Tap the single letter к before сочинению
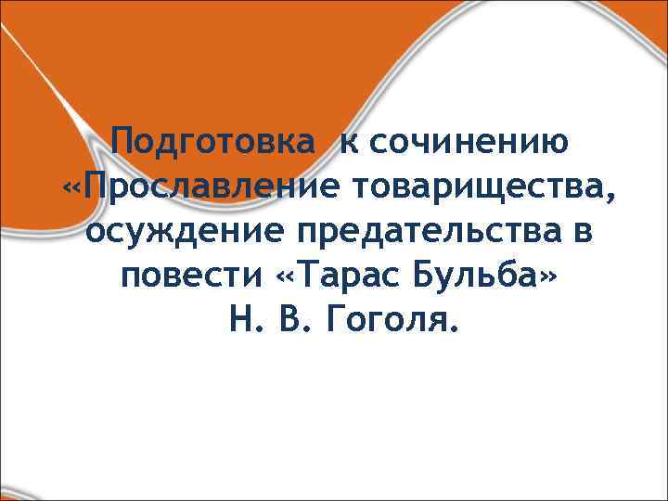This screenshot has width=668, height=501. coord(347,144)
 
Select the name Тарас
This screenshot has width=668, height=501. coord(337,277)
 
